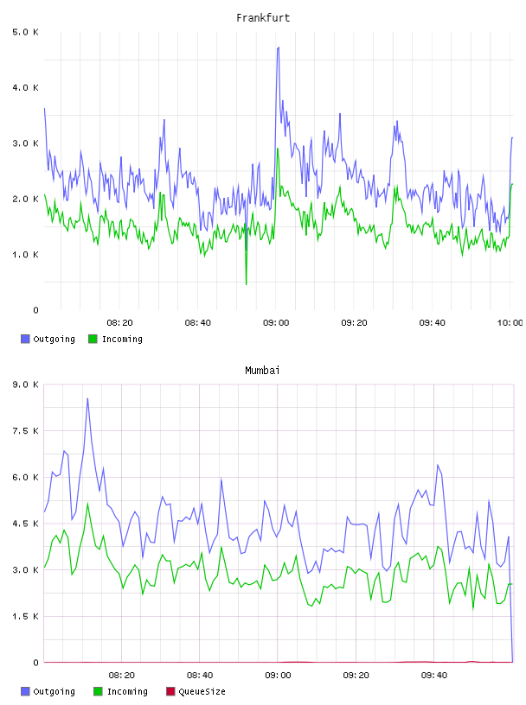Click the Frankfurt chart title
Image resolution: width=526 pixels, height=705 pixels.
263,18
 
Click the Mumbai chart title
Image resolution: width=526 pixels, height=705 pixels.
262,371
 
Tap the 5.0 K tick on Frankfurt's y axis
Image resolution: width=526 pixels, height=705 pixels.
26,32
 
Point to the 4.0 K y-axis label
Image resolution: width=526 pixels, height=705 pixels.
26,87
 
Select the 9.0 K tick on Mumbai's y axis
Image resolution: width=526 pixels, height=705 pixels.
26,384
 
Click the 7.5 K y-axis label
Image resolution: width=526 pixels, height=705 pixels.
26,431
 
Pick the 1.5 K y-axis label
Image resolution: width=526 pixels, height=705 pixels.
26,616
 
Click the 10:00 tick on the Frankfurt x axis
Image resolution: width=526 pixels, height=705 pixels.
510,323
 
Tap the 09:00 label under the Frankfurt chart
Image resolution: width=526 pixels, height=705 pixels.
276,323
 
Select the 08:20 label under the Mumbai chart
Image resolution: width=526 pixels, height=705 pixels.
122,676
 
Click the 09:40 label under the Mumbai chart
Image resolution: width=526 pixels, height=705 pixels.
434,676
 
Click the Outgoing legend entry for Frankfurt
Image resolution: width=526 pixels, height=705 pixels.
48,339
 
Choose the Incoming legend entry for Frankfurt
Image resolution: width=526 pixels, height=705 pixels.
116,339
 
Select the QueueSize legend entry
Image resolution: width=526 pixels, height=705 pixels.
196,691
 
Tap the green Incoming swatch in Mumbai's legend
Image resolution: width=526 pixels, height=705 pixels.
98,691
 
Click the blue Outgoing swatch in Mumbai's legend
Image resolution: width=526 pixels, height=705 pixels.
25,691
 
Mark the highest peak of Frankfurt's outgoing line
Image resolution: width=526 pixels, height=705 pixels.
279,48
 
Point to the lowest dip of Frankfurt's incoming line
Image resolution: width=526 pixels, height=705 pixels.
246,284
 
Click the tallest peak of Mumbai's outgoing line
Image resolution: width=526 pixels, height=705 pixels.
87,398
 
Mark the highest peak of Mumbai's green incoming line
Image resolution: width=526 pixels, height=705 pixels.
88,503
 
